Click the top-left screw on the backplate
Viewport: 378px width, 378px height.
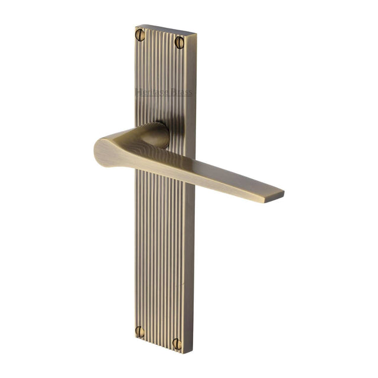click(141, 35)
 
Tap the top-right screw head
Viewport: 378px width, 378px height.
click(179, 41)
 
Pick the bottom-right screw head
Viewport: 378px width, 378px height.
click(177, 343)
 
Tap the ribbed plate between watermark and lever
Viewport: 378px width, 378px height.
click(165, 112)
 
